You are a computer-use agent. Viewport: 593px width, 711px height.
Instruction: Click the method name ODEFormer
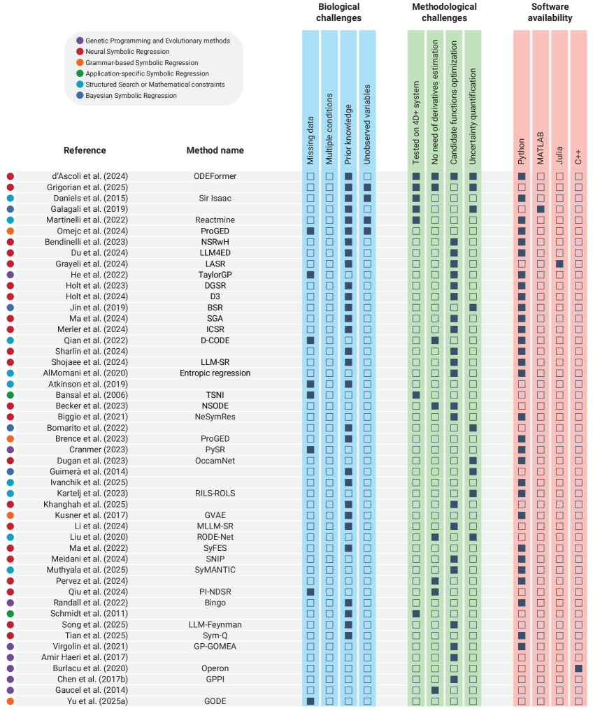pyautogui.click(x=215, y=176)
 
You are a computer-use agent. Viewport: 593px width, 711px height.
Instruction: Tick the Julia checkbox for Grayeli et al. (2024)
pyautogui.click(x=559, y=264)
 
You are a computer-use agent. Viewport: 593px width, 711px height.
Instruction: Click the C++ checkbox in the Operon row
pyautogui.click(x=578, y=668)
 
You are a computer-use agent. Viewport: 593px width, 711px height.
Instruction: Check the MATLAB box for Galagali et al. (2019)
pyautogui.click(x=541, y=209)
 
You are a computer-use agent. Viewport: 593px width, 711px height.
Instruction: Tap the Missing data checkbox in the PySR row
pyautogui.click(x=310, y=450)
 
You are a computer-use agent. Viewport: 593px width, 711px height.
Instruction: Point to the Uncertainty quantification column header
pyautogui.click(x=473, y=126)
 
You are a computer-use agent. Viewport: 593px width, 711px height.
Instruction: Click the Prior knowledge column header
pyautogui.click(x=348, y=133)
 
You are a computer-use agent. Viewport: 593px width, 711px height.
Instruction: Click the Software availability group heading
pyautogui.click(x=550, y=13)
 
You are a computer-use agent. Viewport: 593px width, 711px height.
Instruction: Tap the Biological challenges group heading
pyautogui.click(x=338, y=13)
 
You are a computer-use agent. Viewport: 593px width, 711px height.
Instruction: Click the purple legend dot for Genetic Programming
pyautogui.click(x=80, y=41)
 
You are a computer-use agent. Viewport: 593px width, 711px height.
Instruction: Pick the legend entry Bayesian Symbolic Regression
pyautogui.click(x=131, y=96)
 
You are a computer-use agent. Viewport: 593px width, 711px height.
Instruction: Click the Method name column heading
pyautogui.click(x=215, y=150)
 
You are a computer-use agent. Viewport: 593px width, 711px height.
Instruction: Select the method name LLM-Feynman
pyautogui.click(x=215, y=624)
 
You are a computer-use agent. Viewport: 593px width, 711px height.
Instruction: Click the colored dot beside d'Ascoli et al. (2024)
pyautogui.click(x=10, y=176)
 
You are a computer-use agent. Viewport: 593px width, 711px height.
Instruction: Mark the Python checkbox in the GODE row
pyautogui.click(x=522, y=701)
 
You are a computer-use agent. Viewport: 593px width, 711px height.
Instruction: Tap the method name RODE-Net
pyautogui.click(x=215, y=537)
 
